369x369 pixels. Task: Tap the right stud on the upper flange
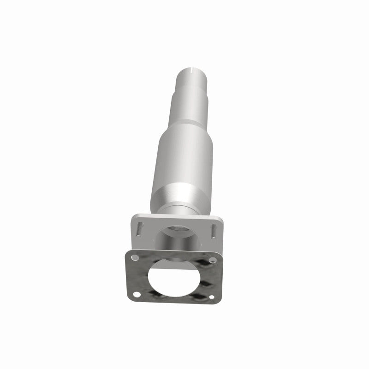click(x=214, y=229)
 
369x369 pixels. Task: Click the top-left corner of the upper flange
click(x=134, y=215)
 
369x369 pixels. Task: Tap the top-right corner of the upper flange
click(x=220, y=217)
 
